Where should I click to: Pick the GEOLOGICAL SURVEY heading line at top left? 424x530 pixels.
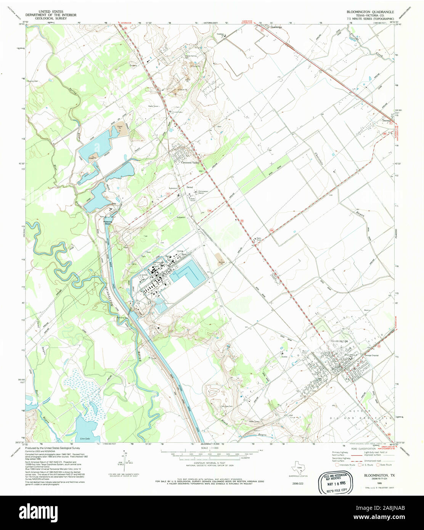click(x=51, y=18)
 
